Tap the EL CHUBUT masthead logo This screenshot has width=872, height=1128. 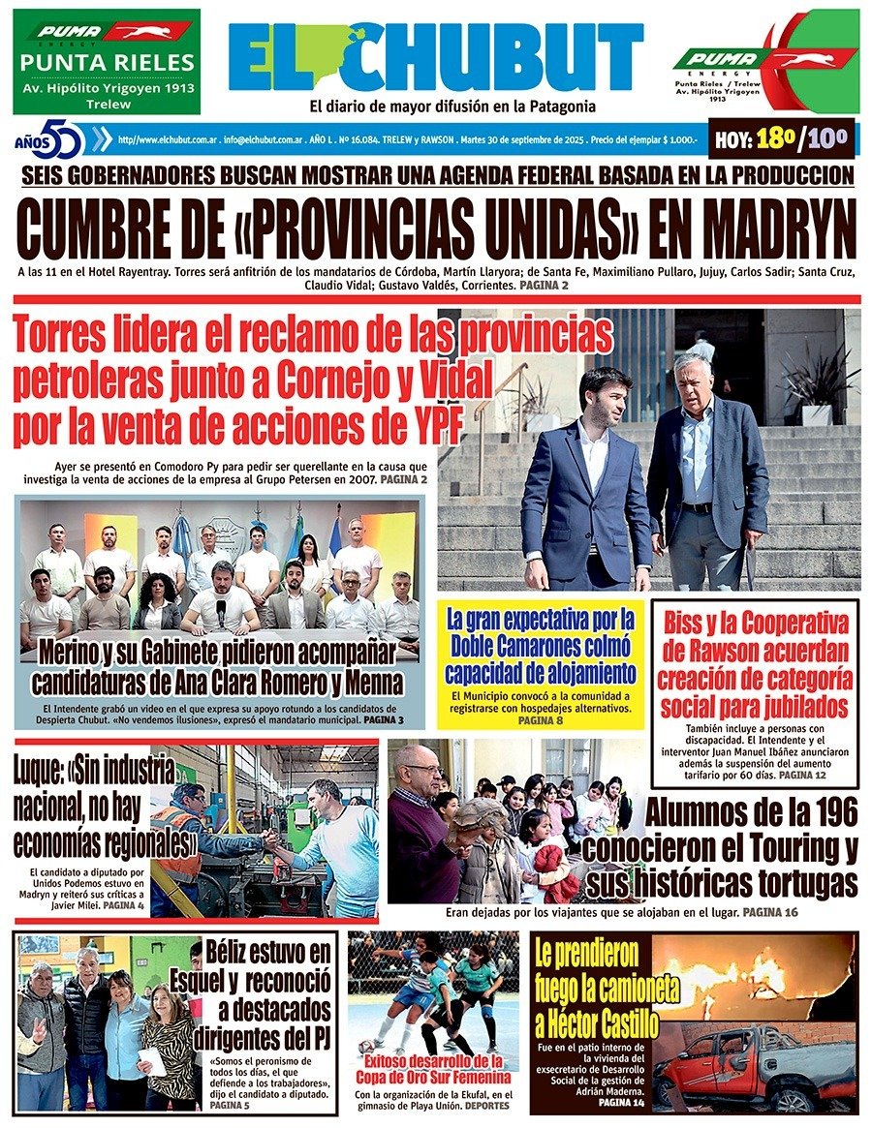[x=435, y=56]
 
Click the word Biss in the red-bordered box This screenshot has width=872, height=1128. [x=689, y=623]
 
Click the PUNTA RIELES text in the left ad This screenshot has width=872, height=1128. [x=108, y=64]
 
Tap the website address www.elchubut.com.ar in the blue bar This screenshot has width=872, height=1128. [x=166, y=139]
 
